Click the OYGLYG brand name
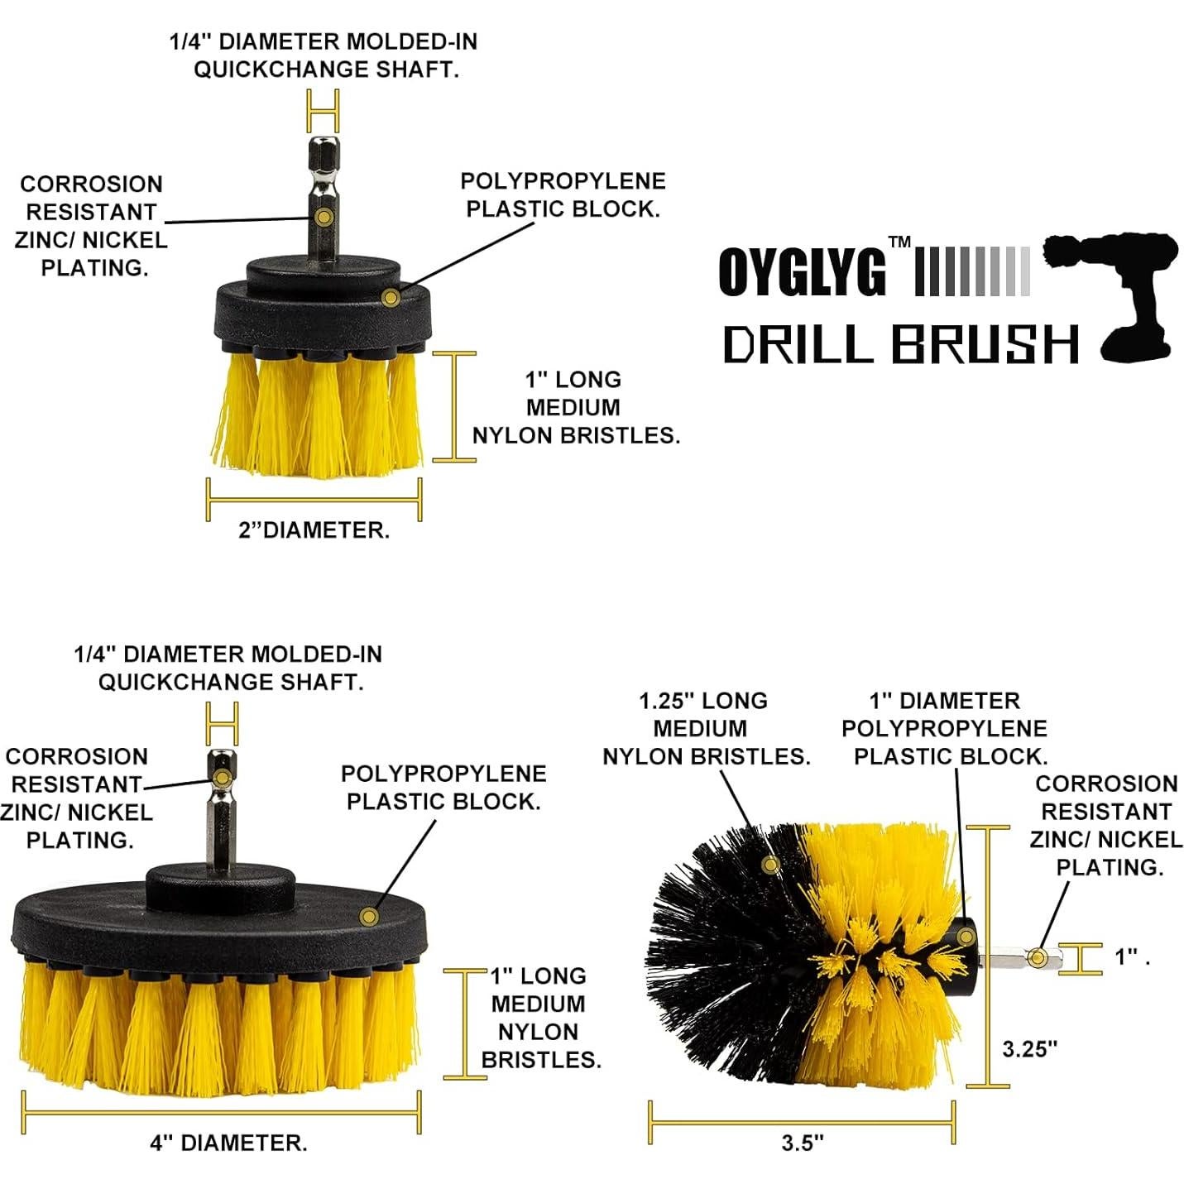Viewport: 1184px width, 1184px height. point(801,271)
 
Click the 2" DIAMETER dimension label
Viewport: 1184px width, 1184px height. point(314,530)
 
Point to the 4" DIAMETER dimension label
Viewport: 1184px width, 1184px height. point(228,1143)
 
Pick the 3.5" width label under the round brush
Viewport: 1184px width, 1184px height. point(802,1143)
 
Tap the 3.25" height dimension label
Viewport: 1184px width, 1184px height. point(1029,1048)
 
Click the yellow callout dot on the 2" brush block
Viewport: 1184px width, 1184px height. point(391,297)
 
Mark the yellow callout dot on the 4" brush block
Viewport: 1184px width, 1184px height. point(369,916)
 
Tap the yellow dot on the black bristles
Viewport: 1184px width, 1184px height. point(771,865)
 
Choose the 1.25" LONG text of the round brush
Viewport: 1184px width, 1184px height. point(703,701)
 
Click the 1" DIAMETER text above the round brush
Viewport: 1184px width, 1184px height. point(944,701)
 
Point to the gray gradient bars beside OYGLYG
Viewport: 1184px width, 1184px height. point(972,271)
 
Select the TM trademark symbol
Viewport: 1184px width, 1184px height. point(899,242)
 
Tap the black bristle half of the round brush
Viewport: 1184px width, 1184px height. point(728,952)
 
